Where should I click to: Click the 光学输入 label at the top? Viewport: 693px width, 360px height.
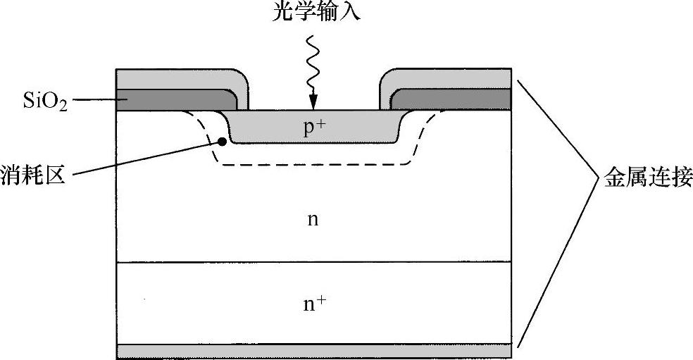315,13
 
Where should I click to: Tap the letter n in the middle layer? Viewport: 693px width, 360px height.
313,220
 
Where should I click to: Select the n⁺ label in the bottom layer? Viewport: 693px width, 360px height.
314,304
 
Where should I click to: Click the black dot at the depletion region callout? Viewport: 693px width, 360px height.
223,141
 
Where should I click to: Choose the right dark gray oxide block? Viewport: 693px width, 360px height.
451,99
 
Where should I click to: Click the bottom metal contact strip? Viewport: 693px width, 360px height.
313,351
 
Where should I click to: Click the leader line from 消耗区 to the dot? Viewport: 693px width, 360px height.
148,157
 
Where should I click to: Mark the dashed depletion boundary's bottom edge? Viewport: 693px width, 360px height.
313,164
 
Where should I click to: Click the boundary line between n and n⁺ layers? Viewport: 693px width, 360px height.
313,262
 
